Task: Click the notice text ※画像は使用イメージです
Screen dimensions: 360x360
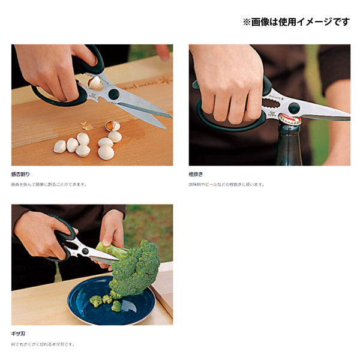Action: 296,22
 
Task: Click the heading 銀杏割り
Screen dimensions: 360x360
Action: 20,174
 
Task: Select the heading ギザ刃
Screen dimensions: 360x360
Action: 19,334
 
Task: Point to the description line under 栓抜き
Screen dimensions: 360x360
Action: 226,184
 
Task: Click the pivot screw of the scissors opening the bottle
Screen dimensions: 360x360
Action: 293,108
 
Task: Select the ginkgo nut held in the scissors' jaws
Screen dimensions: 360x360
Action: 95,83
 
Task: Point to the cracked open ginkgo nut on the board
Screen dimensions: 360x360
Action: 112,126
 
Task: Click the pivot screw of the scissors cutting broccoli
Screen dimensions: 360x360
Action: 85,251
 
